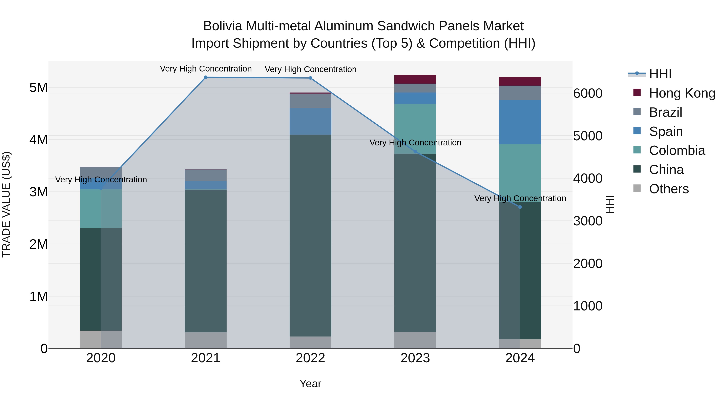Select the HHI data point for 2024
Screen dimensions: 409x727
coord(520,207)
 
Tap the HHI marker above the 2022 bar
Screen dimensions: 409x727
coord(310,78)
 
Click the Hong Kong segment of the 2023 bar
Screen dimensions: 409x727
coord(415,79)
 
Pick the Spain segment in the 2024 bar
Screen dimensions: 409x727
coord(520,122)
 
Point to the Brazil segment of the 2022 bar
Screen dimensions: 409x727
coord(310,101)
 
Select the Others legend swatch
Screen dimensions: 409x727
coord(637,188)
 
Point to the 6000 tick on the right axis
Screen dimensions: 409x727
coord(588,94)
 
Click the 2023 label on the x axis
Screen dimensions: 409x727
coord(415,358)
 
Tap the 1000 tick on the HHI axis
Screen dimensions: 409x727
coord(588,306)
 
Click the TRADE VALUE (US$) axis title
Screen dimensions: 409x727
coord(6,204)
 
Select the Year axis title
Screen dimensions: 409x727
coord(310,384)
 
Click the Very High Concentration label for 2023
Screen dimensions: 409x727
coord(415,143)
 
